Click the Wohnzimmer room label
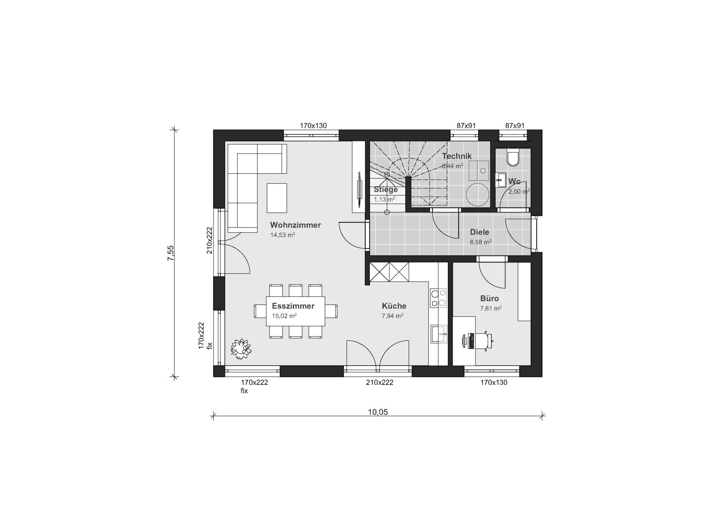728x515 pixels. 295,225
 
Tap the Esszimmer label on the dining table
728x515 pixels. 293,306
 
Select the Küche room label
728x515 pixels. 394,306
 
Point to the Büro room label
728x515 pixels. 490,298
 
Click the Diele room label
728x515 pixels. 480,232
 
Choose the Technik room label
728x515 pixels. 457,156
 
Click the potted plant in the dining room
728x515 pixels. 241,349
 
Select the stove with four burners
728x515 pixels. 438,298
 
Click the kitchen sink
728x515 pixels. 439,334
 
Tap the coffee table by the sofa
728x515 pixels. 277,198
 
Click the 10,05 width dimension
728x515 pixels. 378,412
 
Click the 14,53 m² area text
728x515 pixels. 282,235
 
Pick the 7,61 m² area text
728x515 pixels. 491,308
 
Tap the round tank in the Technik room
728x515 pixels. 477,195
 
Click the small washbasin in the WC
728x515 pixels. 500,180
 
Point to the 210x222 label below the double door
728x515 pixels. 380,382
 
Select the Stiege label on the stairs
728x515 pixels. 386,189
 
